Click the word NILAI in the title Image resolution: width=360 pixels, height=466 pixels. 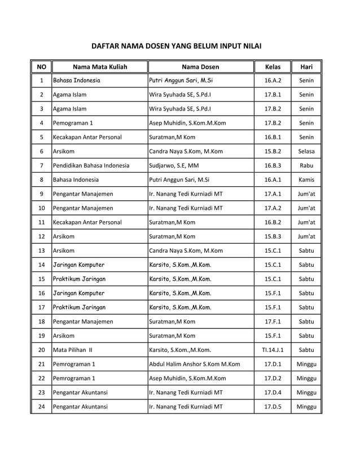[x=251, y=46]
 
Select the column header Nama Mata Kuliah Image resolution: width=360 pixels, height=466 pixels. [x=100, y=67]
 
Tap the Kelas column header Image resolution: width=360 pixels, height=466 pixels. [x=273, y=67]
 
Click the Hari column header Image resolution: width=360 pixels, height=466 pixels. [x=306, y=67]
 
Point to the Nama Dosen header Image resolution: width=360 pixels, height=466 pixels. [x=200, y=67]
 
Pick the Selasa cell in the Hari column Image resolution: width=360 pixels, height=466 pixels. [x=306, y=151]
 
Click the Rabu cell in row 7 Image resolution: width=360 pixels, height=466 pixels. [x=306, y=165]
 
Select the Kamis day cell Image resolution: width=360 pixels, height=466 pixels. [x=306, y=179]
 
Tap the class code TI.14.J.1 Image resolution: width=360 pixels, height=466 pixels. [x=273, y=350]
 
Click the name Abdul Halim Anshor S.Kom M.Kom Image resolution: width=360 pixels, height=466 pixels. [x=194, y=364]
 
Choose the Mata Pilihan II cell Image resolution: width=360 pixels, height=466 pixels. [x=73, y=350]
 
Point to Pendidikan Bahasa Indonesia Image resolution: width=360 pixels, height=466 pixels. [x=91, y=165]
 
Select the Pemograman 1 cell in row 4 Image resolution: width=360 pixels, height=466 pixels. [x=73, y=122]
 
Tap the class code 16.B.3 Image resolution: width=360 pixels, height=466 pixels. [x=273, y=165]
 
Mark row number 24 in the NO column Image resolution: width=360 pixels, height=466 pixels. [x=41, y=406]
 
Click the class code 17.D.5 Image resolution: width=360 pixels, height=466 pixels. [x=273, y=406]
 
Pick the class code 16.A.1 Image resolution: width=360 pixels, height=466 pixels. [x=273, y=179]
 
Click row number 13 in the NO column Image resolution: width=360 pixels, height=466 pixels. [x=41, y=250]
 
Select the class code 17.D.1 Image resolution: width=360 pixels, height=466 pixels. [x=273, y=364]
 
